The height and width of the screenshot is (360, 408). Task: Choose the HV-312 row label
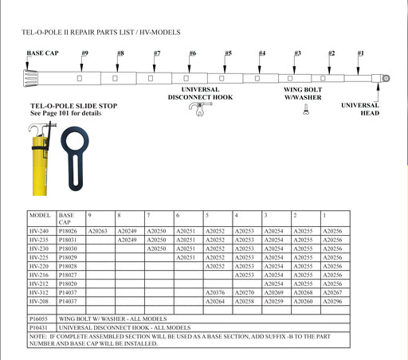(x=39, y=293)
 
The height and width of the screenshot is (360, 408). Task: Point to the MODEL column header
(x=40, y=216)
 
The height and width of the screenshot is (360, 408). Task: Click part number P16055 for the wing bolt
(x=41, y=316)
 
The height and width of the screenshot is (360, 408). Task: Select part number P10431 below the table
(x=41, y=327)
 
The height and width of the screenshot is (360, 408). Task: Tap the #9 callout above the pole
(x=84, y=53)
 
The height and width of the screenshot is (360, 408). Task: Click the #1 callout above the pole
(x=361, y=53)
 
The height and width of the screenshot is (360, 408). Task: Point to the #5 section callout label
(x=228, y=53)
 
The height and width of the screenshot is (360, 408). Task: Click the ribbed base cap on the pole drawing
(x=33, y=80)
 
